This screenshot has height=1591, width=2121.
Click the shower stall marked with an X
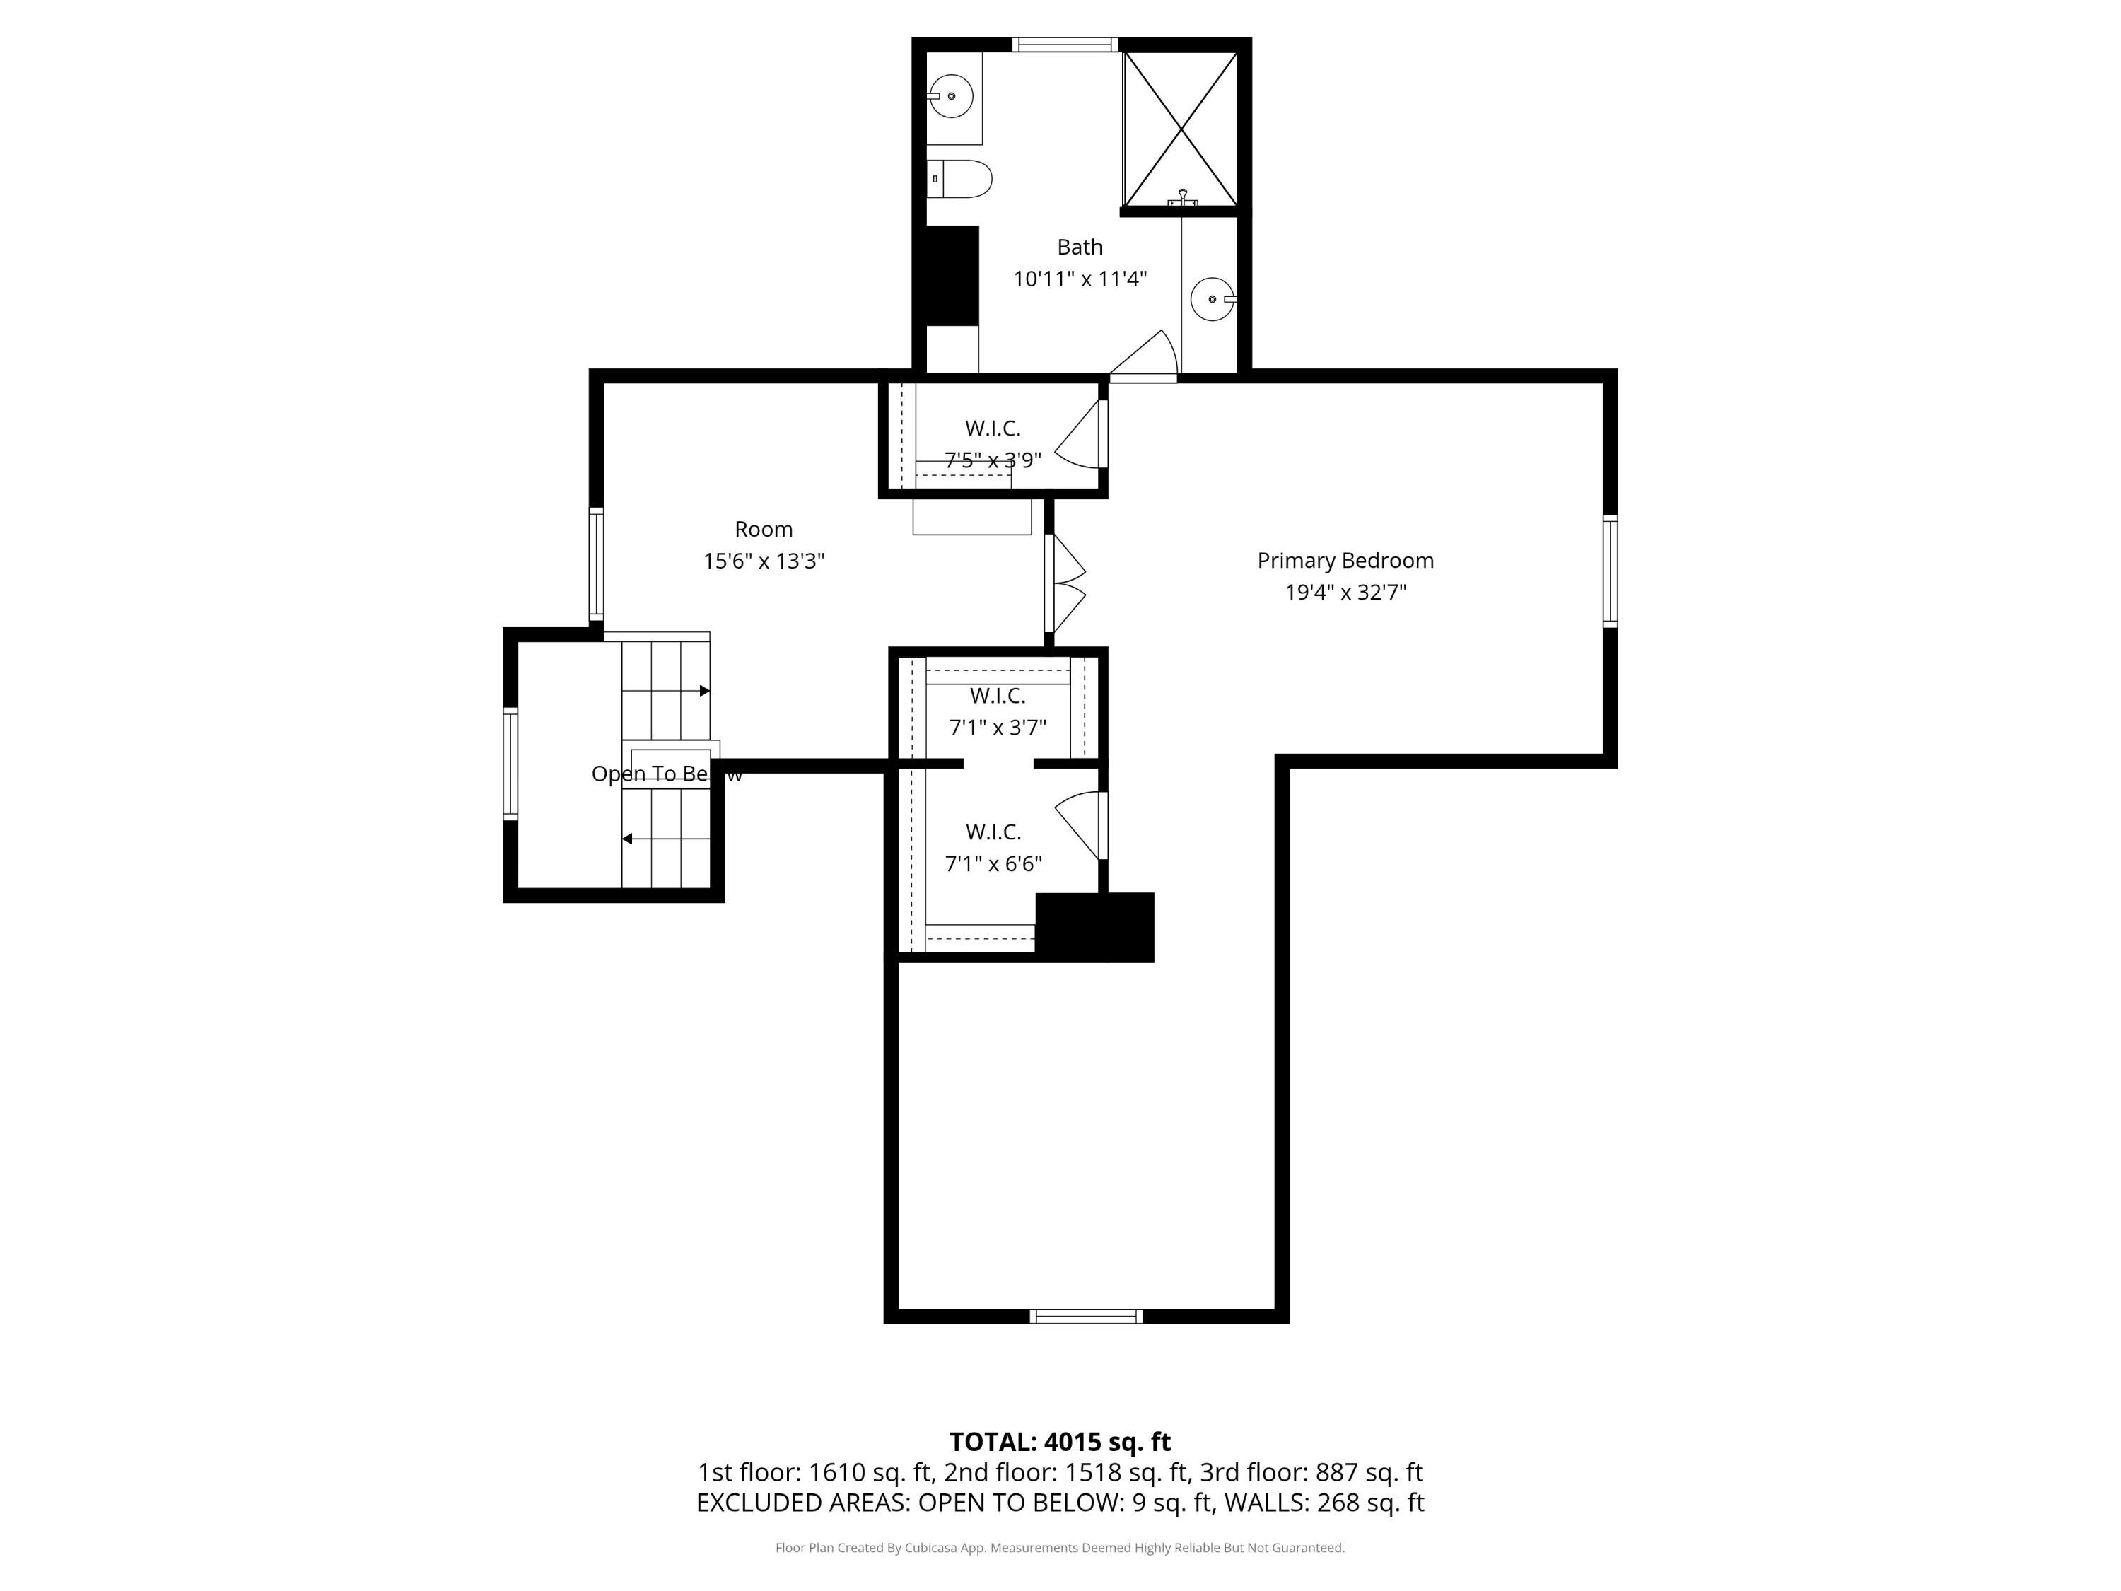[1181, 129]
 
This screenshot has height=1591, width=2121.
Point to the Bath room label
[1080, 247]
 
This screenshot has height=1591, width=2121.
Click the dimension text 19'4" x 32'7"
[1345, 593]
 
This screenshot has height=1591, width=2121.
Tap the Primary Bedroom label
[1345, 561]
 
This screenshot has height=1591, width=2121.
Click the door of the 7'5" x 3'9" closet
[1080, 436]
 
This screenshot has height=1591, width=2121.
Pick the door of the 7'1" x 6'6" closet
[1080, 824]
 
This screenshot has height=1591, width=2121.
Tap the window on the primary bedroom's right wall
[1610, 571]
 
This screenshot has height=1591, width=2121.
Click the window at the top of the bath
[1064, 44]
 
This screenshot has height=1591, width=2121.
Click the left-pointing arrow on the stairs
[627, 839]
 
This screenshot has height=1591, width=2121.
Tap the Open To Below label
[667, 774]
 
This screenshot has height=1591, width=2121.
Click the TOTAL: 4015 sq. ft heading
[1060, 1441]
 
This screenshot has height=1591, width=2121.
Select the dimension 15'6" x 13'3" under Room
[764, 561]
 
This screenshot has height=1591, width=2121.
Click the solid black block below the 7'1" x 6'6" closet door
[1095, 927]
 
